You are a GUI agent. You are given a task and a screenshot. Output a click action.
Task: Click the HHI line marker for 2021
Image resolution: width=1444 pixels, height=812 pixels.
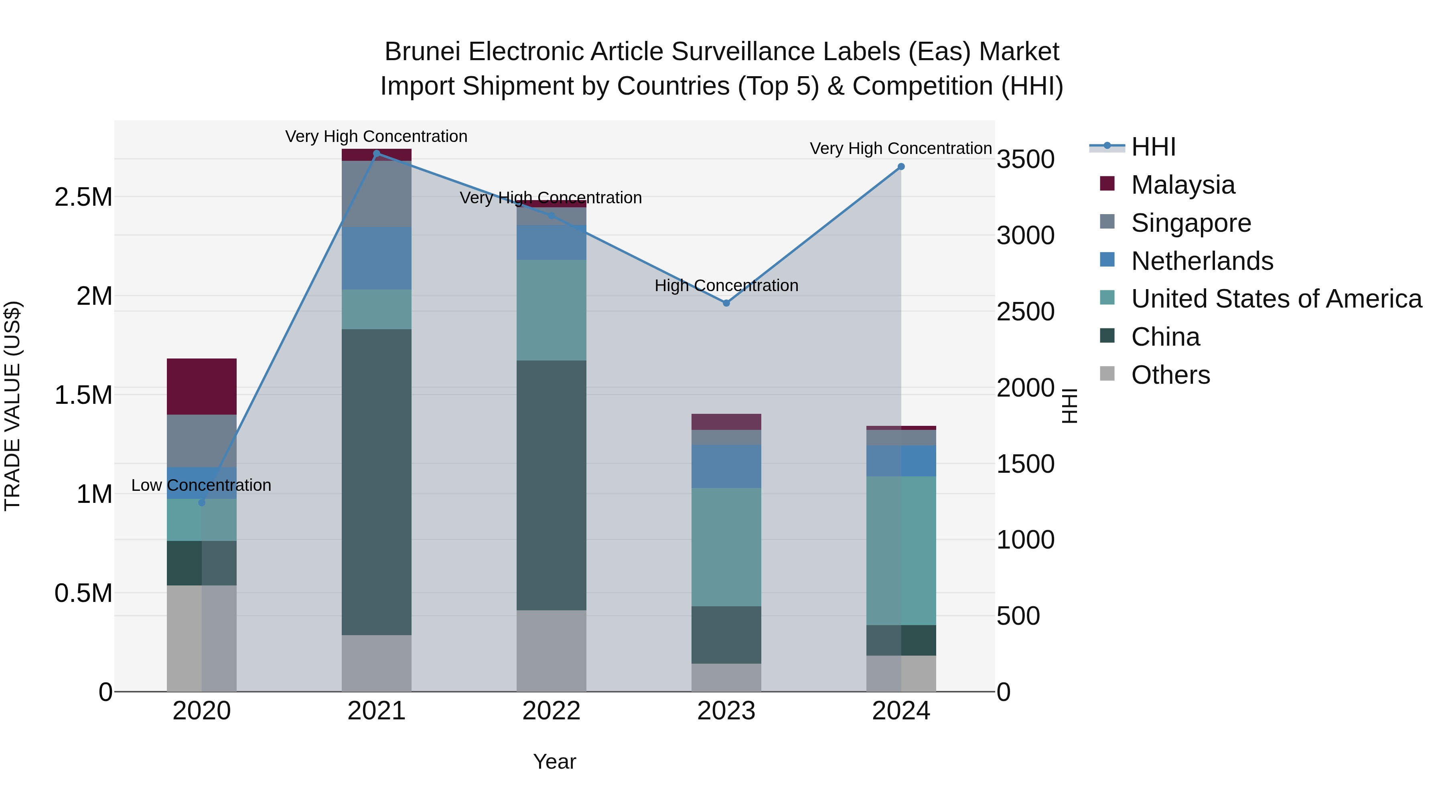(x=377, y=154)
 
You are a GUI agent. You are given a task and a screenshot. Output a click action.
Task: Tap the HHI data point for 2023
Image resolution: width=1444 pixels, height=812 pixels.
(x=726, y=303)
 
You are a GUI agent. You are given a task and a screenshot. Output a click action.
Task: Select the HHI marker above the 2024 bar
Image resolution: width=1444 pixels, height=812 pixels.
(x=901, y=167)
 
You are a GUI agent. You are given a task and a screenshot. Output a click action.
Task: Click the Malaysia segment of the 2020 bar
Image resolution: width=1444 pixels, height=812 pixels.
(x=202, y=387)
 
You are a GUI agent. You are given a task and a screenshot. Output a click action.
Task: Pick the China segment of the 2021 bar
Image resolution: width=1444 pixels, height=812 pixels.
(x=377, y=482)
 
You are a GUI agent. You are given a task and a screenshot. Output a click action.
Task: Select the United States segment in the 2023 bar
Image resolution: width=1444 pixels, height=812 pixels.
(x=726, y=547)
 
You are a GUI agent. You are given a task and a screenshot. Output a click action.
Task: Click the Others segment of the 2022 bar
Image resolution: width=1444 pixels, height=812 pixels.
(x=551, y=651)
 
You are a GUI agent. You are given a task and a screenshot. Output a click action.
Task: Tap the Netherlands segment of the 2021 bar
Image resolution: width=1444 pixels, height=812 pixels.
(x=377, y=258)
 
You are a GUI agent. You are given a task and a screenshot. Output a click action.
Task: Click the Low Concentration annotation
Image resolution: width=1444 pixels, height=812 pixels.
(x=201, y=485)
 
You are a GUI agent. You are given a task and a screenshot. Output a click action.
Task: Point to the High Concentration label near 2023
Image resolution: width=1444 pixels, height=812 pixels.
(x=726, y=286)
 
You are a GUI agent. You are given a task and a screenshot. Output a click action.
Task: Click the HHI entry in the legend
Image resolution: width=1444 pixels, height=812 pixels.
(x=1153, y=147)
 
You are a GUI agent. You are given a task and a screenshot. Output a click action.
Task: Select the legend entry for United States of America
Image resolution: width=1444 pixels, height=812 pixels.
(x=1276, y=299)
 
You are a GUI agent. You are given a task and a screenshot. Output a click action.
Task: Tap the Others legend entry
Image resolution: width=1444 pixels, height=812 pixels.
(x=1170, y=375)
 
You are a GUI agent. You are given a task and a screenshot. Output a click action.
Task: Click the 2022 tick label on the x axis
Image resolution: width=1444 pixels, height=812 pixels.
(x=551, y=711)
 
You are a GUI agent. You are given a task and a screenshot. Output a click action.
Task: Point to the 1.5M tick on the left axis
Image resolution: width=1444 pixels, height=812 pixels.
(x=83, y=395)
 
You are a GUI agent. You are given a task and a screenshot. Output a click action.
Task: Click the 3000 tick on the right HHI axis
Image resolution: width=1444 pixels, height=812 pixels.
(x=1025, y=235)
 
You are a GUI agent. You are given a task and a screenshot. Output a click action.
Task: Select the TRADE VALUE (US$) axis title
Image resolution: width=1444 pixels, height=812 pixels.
(x=12, y=406)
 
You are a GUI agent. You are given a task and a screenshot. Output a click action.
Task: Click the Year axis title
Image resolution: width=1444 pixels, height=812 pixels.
(x=554, y=761)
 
